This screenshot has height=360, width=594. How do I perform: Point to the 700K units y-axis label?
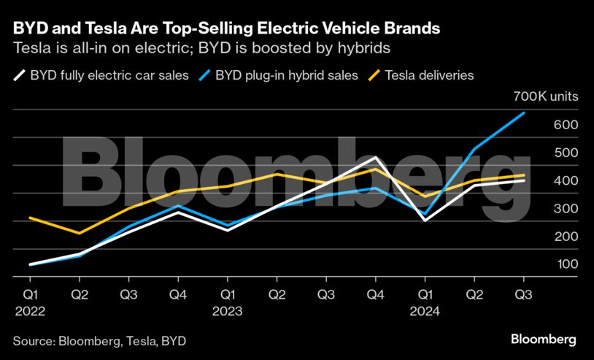pos(545,96)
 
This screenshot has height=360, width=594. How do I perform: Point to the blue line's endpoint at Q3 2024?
pos(523,113)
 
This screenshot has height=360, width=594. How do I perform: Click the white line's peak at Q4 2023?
pos(375,157)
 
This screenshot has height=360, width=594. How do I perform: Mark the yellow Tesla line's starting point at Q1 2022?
pos(30,218)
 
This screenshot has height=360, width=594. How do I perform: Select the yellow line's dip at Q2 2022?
pos(80,233)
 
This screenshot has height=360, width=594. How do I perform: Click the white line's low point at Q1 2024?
pos(425,220)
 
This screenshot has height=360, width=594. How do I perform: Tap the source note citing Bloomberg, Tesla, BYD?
pos(99,340)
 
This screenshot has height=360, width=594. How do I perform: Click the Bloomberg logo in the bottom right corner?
pos(543,340)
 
